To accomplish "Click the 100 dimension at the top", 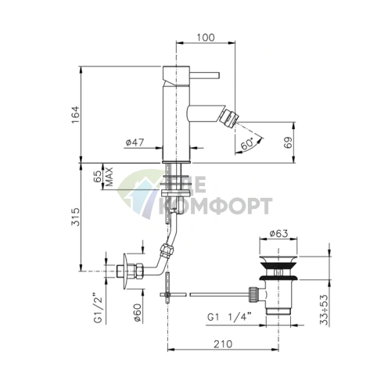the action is (x=206, y=38).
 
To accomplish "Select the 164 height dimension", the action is (x=75, y=115).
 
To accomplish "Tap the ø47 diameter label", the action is (x=135, y=142).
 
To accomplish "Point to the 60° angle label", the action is (x=246, y=144).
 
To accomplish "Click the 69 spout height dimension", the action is (x=289, y=142).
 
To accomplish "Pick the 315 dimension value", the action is (x=75, y=217).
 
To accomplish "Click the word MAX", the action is (x=109, y=177).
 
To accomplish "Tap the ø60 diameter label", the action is (x=138, y=313).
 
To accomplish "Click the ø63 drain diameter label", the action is (x=278, y=233).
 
